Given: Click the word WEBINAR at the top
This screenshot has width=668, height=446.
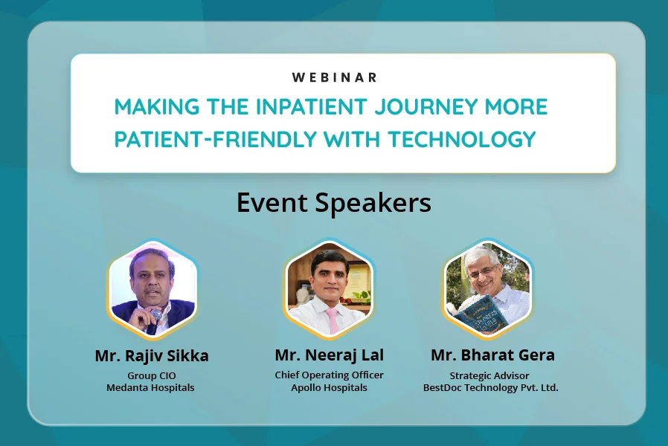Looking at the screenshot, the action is point(335,77).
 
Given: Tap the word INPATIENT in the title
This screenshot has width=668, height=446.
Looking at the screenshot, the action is point(311,106).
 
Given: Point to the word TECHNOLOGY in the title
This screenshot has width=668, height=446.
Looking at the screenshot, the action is point(461,139).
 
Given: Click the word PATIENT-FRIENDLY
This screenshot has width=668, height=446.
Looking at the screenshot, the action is point(216,139).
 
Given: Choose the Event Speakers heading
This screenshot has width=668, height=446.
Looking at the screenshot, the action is point(334,203).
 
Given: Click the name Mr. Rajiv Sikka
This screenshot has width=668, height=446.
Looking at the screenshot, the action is point(152,356).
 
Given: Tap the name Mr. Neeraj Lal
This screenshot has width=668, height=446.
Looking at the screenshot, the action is point(330,355).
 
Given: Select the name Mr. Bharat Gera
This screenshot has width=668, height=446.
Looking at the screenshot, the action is point(493,355).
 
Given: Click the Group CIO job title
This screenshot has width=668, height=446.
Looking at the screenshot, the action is point(152,376).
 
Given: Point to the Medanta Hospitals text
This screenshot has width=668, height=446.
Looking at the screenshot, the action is point(150,388).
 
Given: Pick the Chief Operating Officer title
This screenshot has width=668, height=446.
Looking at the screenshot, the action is point(330,375).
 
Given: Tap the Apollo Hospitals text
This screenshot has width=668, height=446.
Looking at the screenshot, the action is point(330,388).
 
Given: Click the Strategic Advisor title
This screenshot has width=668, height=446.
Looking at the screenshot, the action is point(489,376).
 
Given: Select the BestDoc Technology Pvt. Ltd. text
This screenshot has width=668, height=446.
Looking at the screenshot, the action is point(491,388).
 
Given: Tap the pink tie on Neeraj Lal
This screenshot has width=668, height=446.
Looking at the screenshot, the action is point(332,320).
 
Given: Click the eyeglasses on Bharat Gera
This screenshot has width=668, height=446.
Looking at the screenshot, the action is point(482,271).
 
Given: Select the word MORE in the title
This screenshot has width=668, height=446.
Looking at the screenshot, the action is point(516,106).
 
